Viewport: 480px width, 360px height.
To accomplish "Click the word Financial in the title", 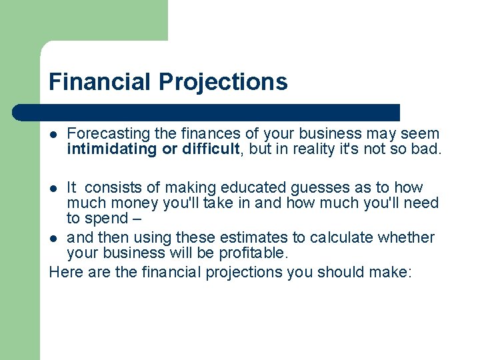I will (x=101, y=82).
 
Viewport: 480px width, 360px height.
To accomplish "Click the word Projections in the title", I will (x=223, y=82).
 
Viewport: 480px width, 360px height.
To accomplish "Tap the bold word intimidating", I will (x=111, y=149).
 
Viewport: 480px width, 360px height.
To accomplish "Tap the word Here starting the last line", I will (x=65, y=272).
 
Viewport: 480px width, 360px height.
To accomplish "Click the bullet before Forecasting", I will (x=54, y=135).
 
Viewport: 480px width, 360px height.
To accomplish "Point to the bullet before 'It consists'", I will (x=54, y=188).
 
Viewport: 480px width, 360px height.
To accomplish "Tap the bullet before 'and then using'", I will (x=54, y=238).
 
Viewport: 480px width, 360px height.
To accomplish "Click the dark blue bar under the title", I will (x=207, y=112).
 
